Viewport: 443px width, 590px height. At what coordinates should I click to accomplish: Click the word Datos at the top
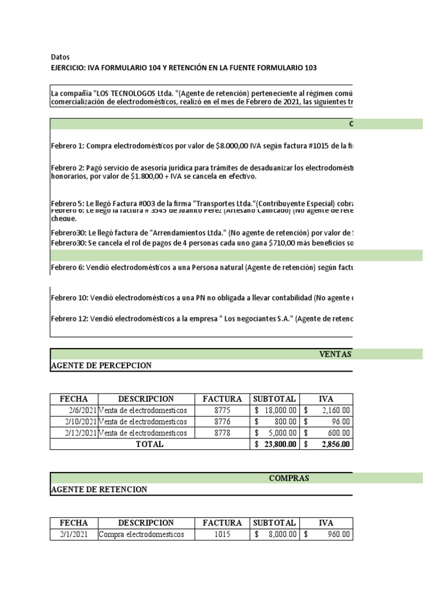[60, 58]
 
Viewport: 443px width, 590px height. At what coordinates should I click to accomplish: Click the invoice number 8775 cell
[222, 410]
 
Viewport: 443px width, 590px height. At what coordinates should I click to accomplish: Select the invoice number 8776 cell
[222, 422]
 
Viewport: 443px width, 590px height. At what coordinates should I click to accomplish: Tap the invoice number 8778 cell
[222, 433]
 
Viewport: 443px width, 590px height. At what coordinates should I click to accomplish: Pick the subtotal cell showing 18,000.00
[275, 410]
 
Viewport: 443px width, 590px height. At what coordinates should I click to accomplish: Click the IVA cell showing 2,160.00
[327, 410]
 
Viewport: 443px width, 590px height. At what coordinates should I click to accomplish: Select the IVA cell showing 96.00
[327, 422]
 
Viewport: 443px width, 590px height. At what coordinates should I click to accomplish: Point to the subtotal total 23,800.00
[275, 444]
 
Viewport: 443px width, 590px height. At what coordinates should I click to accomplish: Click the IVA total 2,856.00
[327, 444]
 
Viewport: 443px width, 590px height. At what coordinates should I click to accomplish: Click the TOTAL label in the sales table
[149, 444]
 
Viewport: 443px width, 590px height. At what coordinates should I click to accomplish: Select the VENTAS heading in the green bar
[336, 354]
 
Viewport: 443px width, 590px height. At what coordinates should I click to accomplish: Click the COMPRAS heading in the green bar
[289, 478]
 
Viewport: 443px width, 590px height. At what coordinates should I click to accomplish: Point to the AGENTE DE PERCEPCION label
[101, 366]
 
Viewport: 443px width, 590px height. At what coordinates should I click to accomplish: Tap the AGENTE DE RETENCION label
[99, 490]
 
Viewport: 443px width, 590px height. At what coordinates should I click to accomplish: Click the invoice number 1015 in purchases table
[222, 534]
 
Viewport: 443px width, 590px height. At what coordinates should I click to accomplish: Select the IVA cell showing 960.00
[327, 534]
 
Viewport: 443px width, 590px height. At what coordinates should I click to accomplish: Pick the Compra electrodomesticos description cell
[142, 534]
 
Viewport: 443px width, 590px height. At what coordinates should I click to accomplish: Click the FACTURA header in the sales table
[222, 399]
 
